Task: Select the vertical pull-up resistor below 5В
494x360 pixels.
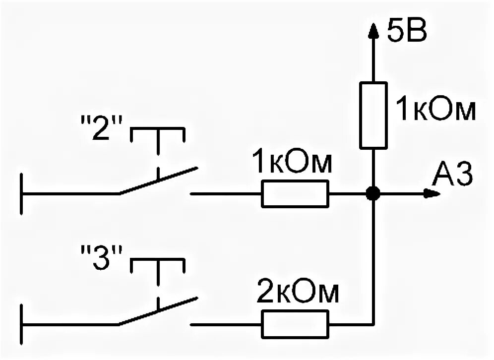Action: [x=372, y=115]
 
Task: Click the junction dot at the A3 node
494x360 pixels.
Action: [x=372, y=193]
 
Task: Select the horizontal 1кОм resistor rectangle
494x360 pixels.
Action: [x=295, y=193]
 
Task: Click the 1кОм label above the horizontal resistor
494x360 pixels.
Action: [x=291, y=163]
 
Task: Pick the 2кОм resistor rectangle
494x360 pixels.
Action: [x=295, y=324]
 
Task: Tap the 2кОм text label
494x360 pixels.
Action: [x=298, y=294]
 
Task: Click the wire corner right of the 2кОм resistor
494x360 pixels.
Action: [x=372, y=324]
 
